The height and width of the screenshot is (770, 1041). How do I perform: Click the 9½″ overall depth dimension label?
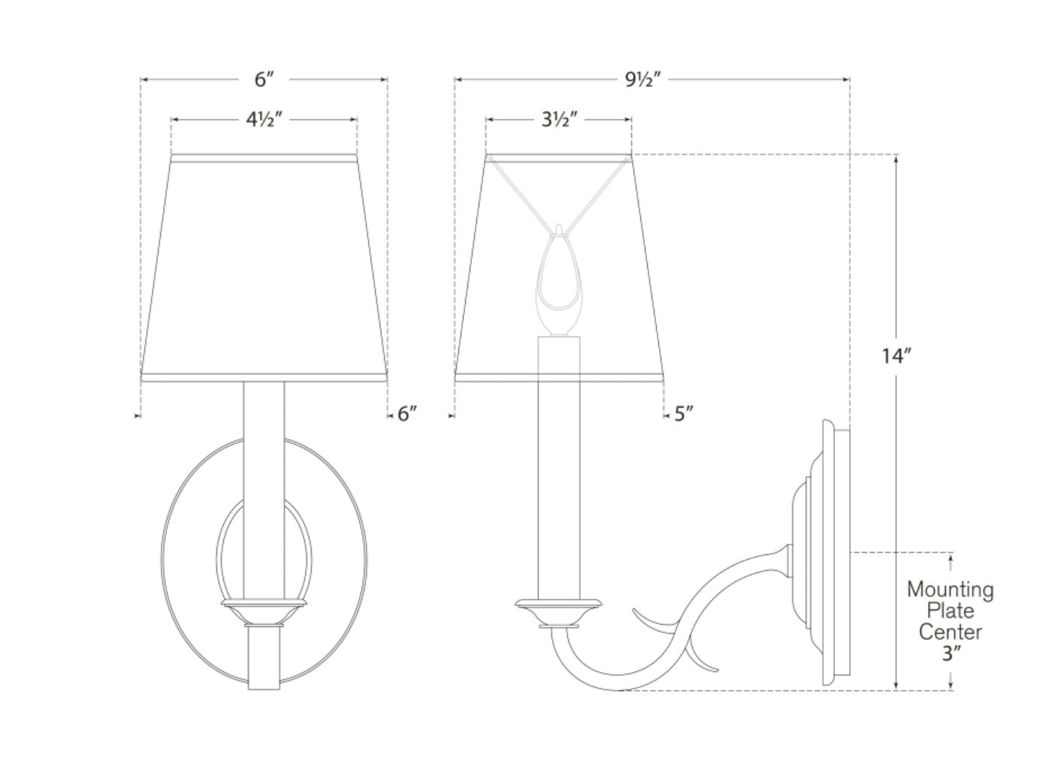642,80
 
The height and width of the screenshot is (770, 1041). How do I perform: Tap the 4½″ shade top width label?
264,120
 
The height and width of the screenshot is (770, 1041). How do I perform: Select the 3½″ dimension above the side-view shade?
559,120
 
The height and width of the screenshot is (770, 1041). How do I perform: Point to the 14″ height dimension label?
896,356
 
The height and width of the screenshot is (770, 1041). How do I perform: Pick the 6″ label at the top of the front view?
264,80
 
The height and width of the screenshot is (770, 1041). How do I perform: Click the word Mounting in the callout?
950,590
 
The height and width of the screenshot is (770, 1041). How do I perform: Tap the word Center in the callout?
950,632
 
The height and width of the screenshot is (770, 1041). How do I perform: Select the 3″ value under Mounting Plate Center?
951,653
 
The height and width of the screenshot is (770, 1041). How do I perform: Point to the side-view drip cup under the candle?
559,612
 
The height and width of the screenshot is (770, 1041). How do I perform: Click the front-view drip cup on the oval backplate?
264,612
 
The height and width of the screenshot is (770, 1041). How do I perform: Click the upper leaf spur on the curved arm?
655,619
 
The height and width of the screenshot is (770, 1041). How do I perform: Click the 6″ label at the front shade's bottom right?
407,413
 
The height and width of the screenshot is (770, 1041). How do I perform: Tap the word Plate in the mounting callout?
951,611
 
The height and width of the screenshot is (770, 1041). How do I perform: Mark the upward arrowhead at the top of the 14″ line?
896,159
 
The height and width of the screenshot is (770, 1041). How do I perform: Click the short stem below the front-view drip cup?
264,658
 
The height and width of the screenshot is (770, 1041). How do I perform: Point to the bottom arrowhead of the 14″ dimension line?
896,686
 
